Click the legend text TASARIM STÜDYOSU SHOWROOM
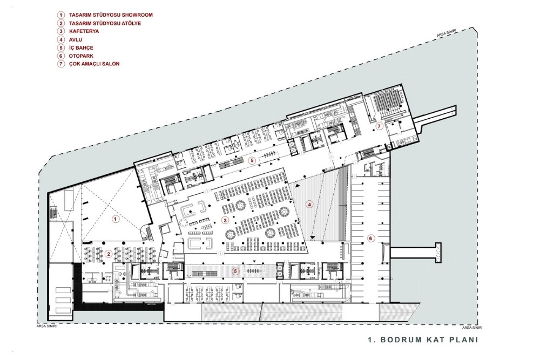111,15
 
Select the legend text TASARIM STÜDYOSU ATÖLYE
105,23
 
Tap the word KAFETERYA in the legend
84,31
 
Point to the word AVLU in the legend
76,39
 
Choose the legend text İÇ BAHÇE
81,47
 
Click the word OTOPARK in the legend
81,56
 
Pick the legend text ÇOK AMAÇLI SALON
94,64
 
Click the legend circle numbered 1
61,15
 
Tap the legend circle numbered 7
61,64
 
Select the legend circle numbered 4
61,39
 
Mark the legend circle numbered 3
61,31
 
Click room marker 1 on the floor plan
116,219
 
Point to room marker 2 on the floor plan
109,254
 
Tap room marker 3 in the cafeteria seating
225,220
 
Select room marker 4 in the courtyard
309,205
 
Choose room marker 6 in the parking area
370,238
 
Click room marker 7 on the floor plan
379,126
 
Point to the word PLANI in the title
464,340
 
